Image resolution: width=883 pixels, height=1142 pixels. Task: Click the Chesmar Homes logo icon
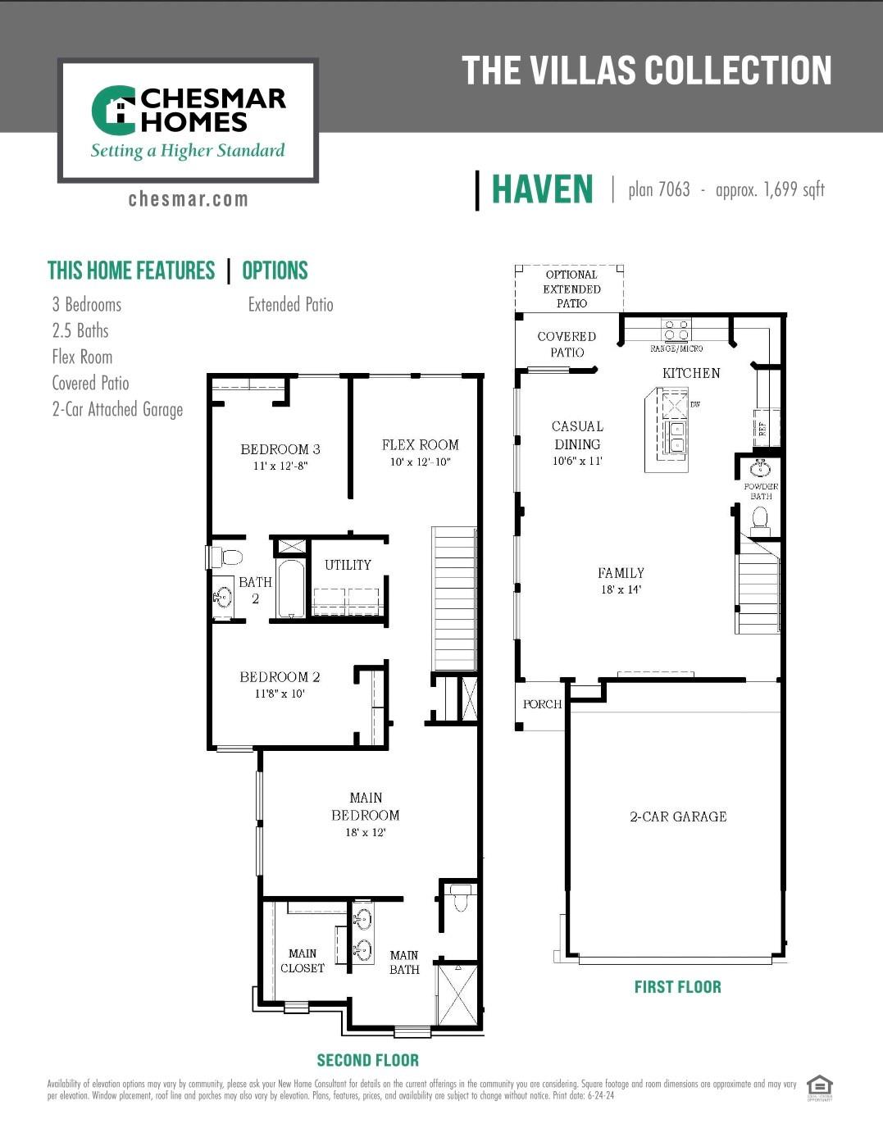tap(114, 110)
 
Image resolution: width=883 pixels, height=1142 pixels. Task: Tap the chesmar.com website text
tap(188, 199)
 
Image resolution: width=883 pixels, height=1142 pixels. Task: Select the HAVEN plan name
tap(542, 189)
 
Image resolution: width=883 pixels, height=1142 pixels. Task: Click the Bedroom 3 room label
tap(280, 449)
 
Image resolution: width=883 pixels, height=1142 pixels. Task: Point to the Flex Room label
tap(420, 445)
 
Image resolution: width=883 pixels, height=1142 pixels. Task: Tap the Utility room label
tap(348, 565)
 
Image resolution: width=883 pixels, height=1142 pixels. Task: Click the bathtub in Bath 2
tap(291, 588)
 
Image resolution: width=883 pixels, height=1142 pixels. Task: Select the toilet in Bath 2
tap(229, 557)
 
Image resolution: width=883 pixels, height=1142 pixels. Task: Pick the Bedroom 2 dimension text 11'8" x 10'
tap(280, 694)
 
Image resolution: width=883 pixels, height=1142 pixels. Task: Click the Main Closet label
tap(303, 961)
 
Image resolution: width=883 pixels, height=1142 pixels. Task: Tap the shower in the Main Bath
tap(457, 995)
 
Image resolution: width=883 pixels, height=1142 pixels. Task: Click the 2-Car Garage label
tap(678, 817)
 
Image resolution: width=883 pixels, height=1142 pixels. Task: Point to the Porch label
tap(542, 704)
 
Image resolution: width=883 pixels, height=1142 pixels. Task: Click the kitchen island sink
tap(676, 436)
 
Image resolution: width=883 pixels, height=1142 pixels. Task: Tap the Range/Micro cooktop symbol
tap(676, 330)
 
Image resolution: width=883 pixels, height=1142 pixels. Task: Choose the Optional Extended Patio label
tap(571, 289)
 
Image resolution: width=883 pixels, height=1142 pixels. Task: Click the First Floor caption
tap(677, 987)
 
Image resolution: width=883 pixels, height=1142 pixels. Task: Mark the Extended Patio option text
tap(290, 305)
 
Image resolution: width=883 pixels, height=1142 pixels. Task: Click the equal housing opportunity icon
tap(819, 1085)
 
